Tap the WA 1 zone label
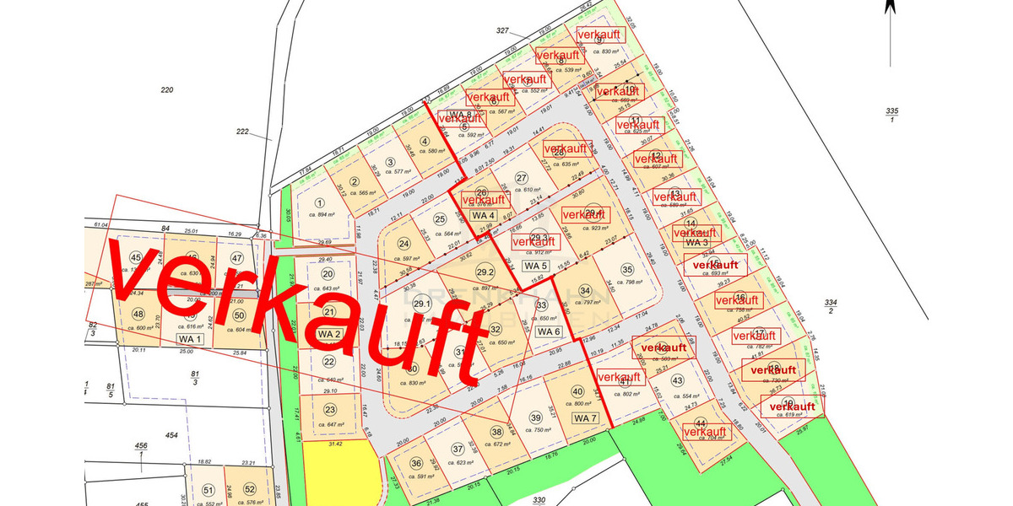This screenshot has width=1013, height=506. pos(191,339)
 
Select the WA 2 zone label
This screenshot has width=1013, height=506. pos(329,334)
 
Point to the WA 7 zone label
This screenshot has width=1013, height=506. pos(585,418)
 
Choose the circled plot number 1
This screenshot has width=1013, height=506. pos(320,202)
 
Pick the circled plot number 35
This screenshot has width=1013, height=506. pos(626,270)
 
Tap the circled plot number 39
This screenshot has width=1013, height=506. pos(535,417)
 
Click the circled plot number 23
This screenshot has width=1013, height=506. pos(329,411)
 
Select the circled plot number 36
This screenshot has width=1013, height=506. pos(416,463)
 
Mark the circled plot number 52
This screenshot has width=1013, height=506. pos(249,490)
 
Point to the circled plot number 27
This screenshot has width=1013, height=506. pos(522,177)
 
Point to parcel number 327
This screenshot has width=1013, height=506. pos(503,30)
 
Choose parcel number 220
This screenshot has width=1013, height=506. pos(166,89)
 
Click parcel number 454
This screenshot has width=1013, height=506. pos(172,435)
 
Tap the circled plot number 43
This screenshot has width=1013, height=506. pos(677,381)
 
